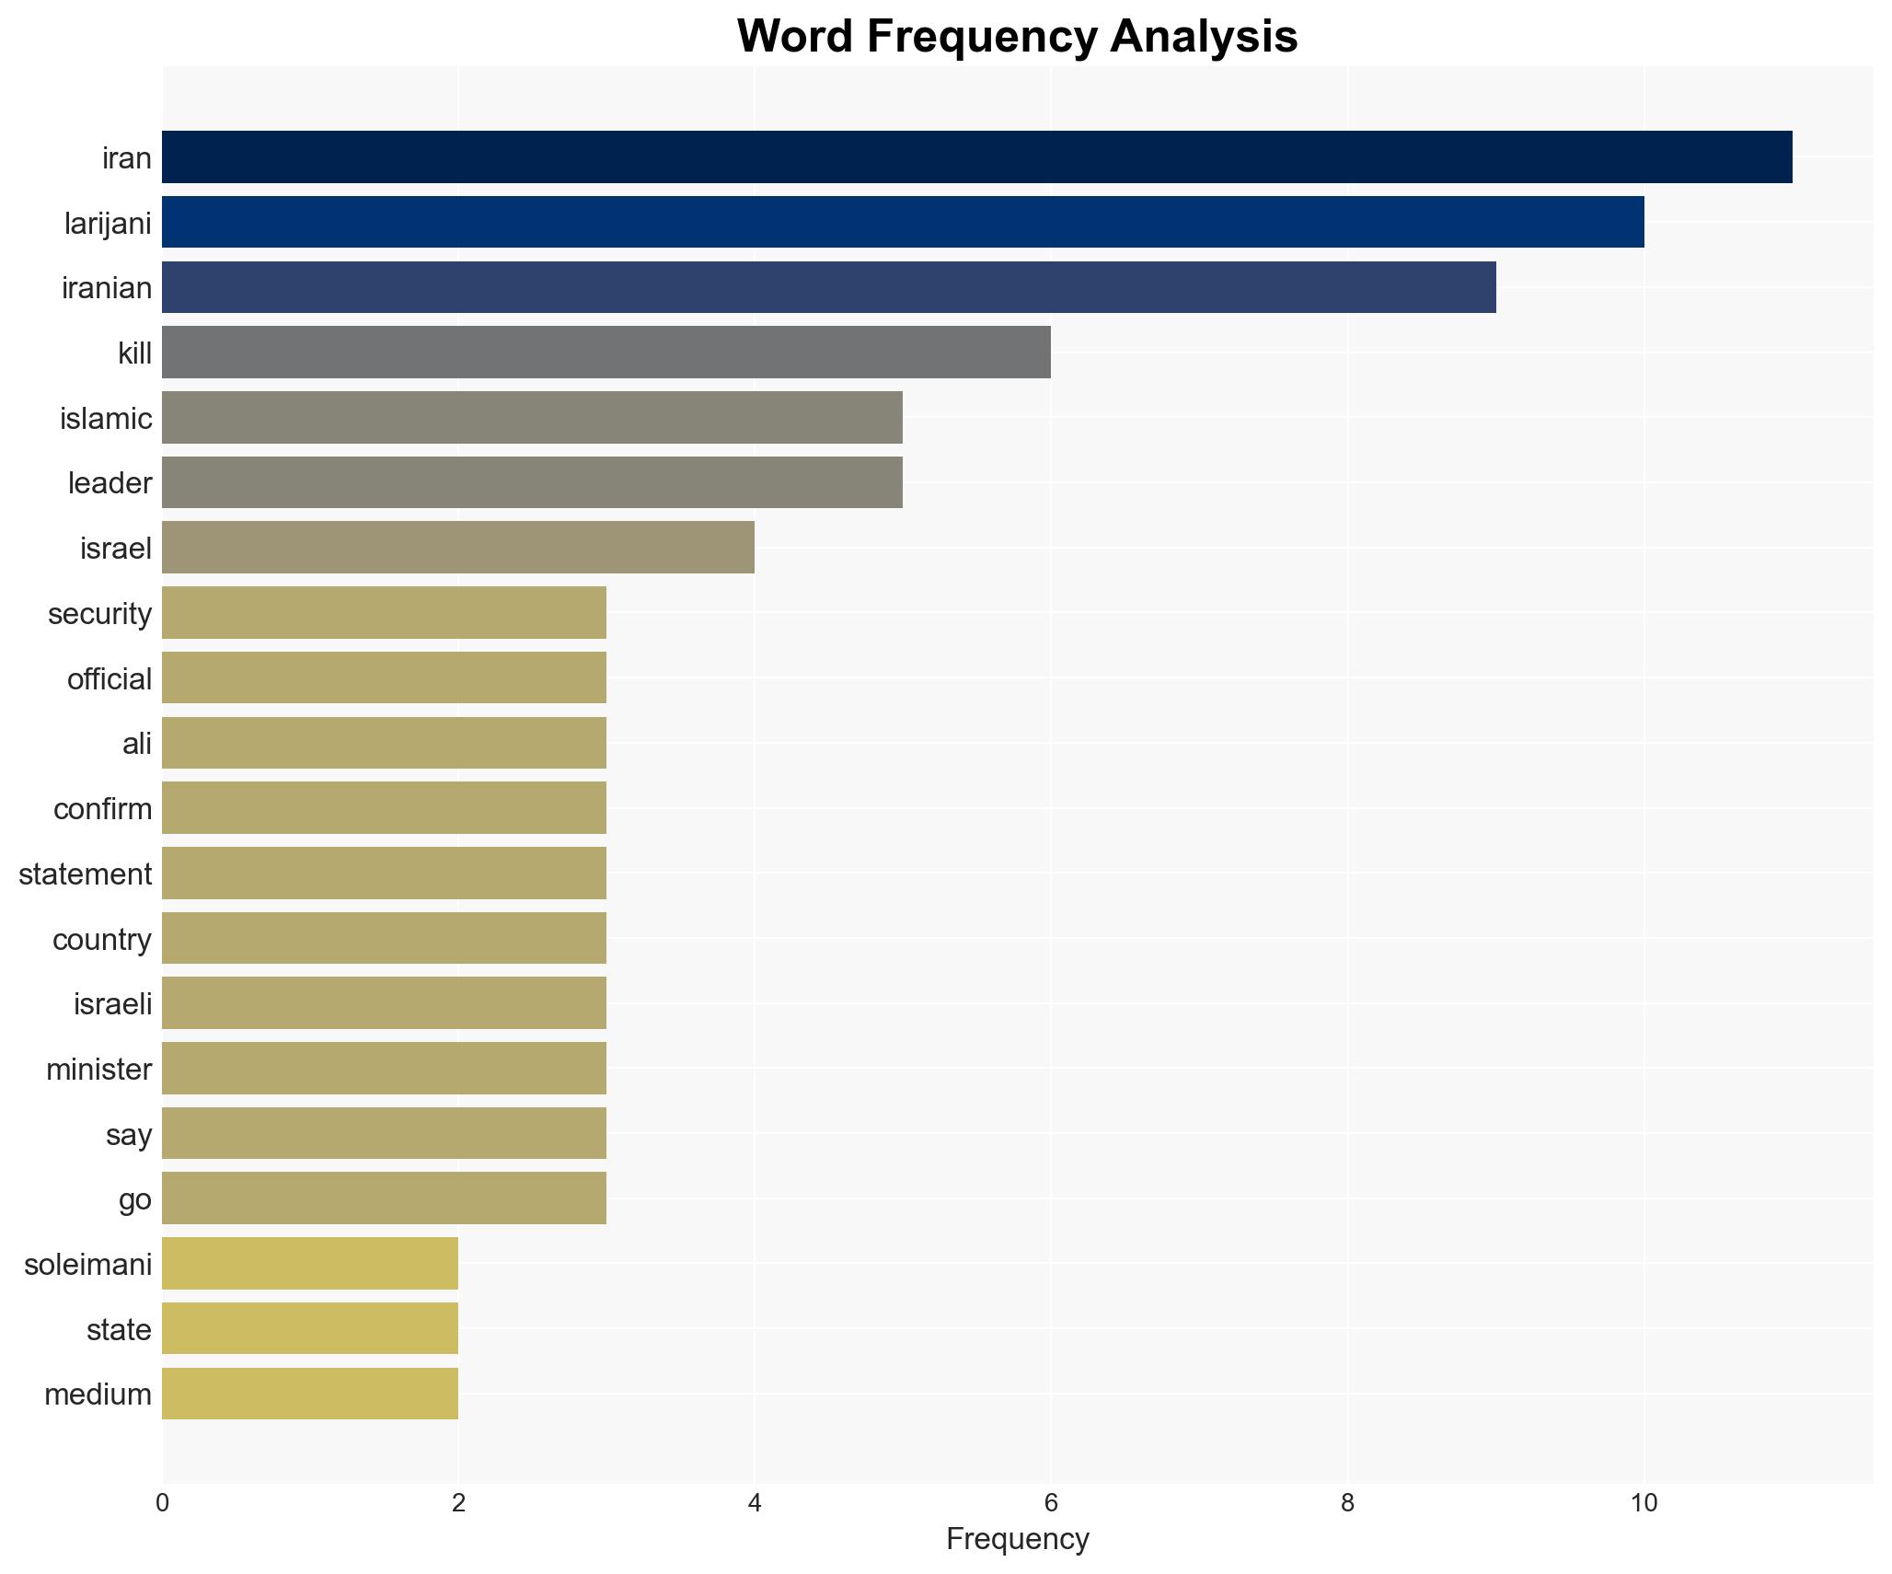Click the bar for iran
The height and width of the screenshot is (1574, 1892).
[x=976, y=157]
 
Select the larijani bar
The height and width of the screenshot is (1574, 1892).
[x=902, y=222]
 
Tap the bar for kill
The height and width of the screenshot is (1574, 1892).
[x=606, y=353]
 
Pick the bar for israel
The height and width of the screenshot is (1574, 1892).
[x=457, y=548]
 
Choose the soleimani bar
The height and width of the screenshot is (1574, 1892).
[x=309, y=1264]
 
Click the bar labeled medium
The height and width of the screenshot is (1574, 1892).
[x=309, y=1394]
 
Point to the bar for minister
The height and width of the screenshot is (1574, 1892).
[x=384, y=1069]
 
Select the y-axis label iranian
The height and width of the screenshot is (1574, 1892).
[x=107, y=288]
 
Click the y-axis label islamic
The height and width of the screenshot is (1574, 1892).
[x=106, y=419]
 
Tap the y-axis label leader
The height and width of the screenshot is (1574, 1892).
[x=110, y=483]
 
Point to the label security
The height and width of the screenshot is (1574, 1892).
[x=99, y=614]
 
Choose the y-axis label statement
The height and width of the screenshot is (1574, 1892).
[x=85, y=874]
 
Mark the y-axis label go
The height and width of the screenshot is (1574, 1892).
[x=134, y=1199]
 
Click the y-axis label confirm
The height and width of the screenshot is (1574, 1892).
[x=102, y=809]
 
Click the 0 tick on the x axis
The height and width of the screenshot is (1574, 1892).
[x=163, y=1503]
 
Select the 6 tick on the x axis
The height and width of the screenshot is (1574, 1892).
[x=1051, y=1503]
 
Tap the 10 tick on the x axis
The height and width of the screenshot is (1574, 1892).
[x=1644, y=1503]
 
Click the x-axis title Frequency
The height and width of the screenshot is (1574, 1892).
[x=1017, y=1539]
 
